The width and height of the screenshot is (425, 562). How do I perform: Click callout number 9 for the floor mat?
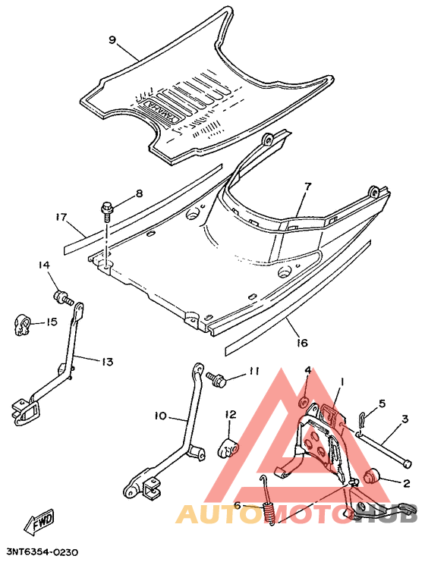(x=112, y=40)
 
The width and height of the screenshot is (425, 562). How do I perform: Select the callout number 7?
(x=308, y=186)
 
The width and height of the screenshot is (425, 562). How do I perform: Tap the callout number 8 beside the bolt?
(x=138, y=193)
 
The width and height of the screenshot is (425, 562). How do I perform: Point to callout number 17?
(x=61, y=216)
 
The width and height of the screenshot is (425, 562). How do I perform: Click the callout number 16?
(x=302, y=343)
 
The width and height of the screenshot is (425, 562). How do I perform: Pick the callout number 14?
(x=44, y=265)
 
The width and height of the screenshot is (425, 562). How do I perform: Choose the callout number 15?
(x=51, y=322)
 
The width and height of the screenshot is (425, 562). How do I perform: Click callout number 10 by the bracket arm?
(x=160, y=416)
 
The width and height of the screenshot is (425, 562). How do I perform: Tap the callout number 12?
(x=230, y=414)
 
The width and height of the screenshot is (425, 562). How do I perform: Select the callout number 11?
(x=253, y=371)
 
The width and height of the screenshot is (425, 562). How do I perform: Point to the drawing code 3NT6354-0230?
(x=42, y=553)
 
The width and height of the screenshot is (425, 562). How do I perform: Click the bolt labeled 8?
(x=107, y=206)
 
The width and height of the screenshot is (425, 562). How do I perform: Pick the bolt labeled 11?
(x=218, y=378)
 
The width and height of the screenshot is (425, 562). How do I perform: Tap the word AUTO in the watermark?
(x=214, y=515)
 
